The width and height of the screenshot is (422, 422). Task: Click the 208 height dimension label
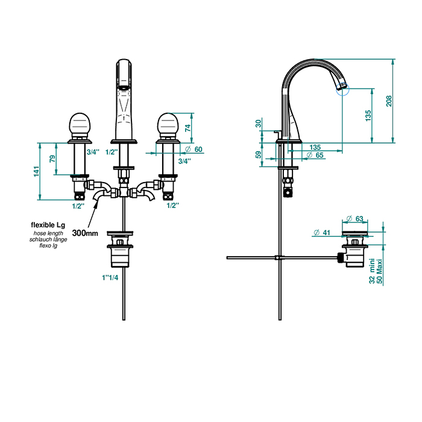point(389,101)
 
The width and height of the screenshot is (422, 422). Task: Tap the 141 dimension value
point(36,171)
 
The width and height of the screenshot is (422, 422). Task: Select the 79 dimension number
point(52,159)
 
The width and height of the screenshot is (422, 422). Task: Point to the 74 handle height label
point(188,127)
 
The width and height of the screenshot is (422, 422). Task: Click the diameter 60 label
point(194,150)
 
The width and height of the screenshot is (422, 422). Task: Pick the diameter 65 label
point(315,156)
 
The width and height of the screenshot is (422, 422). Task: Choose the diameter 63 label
point(354,219)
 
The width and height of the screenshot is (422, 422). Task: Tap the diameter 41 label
point(322,233)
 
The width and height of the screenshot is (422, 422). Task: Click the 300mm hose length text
point(85,233)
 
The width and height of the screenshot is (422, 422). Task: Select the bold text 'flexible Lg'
point(48,225)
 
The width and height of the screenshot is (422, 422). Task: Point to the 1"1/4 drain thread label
point(110,278)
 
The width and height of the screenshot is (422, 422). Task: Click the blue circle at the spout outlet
point(342,89)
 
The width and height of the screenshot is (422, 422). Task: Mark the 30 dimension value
point(259,124)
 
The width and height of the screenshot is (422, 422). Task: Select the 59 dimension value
point(259,155)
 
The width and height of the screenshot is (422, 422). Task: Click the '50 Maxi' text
point(379,271)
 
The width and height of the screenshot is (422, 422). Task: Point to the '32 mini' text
point(372,271)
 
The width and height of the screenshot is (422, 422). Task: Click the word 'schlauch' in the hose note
point(39,239)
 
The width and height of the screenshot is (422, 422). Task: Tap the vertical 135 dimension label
point(368,116)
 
